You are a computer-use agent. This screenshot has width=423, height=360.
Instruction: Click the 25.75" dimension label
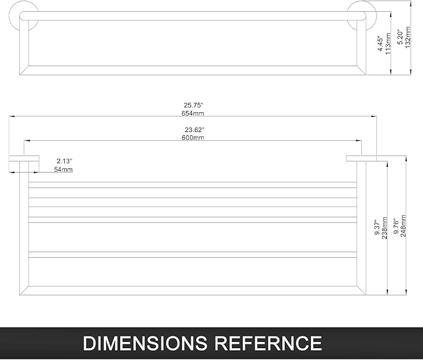coord(193,105)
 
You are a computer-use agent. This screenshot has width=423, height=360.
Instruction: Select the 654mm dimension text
coord(192,113)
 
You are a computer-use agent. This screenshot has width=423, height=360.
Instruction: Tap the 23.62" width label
coord(194,130)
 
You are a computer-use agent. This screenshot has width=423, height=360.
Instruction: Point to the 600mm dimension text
coord(193,138)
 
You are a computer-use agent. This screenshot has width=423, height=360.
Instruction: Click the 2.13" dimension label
coord(64,161)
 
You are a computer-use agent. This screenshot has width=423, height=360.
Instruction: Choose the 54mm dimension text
coord(63,169)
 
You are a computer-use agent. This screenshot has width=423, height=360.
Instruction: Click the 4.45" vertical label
coord(380,44)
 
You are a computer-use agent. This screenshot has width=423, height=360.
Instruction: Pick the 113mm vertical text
coord(388,44)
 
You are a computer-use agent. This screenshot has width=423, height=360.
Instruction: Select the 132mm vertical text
coord(407,37)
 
